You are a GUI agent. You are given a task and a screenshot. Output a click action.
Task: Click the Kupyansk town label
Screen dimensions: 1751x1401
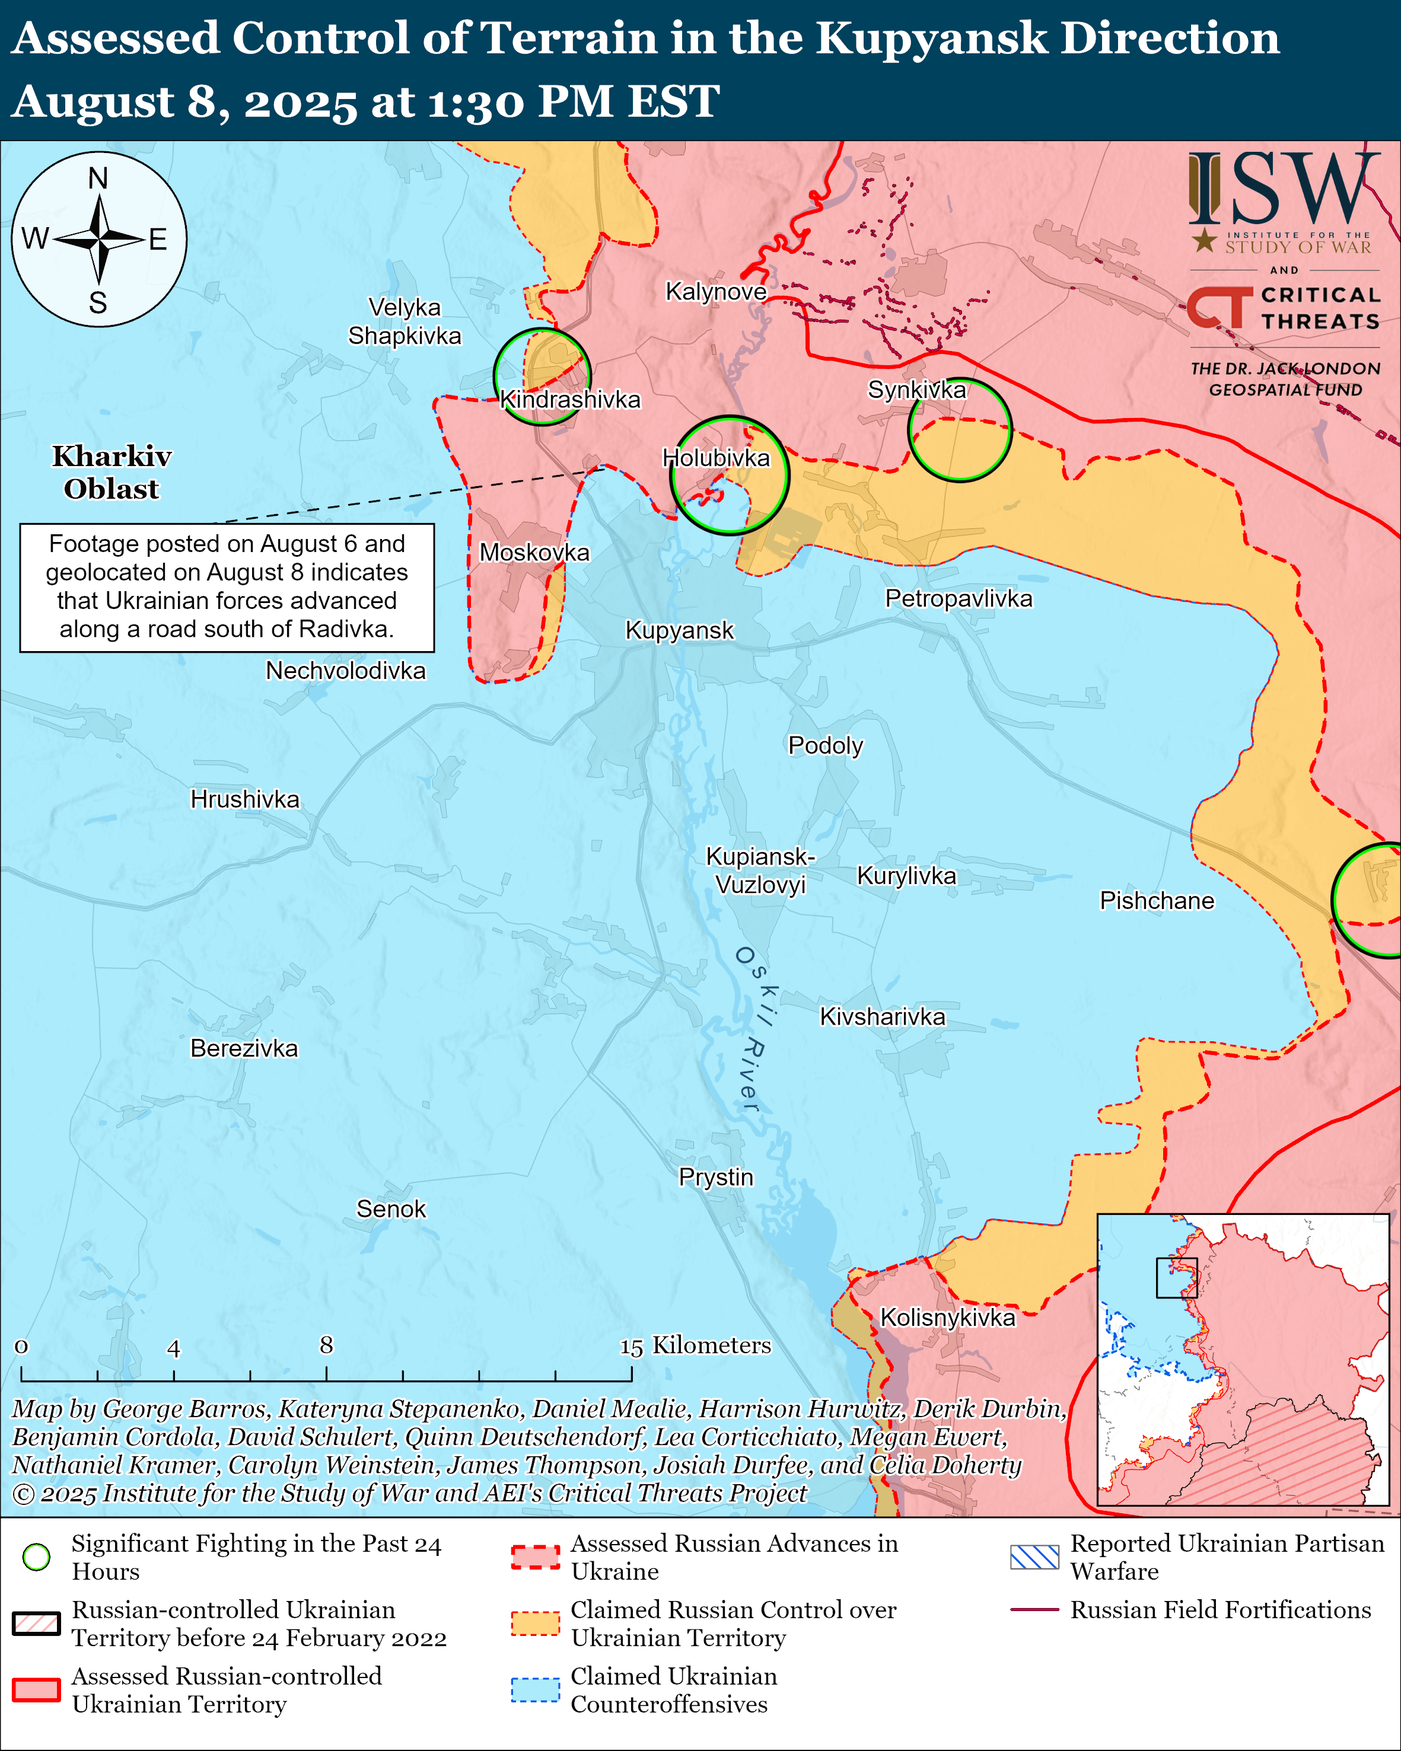[x=679, y=630]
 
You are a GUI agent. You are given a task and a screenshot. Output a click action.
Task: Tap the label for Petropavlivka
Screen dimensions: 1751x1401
[x=959, y=598]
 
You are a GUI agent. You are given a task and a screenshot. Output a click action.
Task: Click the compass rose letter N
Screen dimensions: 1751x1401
[x=98, y=178]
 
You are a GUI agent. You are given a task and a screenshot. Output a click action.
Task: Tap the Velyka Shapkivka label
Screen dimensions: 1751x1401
[x=405, y=321]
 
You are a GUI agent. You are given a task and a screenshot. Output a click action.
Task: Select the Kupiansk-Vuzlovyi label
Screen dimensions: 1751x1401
[x=760, y=870]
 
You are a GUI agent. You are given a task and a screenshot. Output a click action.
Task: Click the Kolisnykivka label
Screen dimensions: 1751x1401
[x=948, y=1318]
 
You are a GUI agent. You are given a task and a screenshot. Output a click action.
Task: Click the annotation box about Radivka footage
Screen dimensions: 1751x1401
[x=227, y=586]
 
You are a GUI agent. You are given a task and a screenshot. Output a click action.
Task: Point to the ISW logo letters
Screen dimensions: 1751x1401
[x=1283, y=189]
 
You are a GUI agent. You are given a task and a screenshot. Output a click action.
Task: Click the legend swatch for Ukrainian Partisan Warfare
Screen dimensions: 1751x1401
[x=1034, y=1557]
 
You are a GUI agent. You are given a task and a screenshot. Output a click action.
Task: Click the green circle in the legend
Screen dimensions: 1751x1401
[x=37, y=1557]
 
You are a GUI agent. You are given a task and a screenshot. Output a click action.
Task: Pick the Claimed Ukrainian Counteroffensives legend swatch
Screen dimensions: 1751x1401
[x=535, y=1689]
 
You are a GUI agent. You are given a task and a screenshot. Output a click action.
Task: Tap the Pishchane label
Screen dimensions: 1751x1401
[x=1157, y=901]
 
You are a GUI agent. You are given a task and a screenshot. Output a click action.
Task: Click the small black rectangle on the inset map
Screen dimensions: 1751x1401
[x=1176, y=1277]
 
